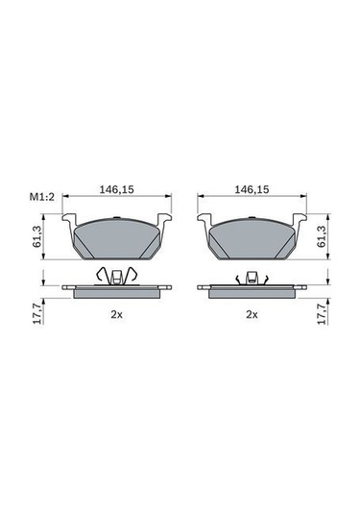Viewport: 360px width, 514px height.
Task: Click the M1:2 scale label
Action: click(41, 197)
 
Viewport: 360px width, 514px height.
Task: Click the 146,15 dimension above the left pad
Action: click(116, 189)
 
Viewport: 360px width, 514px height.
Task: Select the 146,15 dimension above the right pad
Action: click(252, 189)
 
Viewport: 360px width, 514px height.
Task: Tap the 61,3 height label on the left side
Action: click(38, 236)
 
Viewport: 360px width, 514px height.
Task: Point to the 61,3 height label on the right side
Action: click(322, 236)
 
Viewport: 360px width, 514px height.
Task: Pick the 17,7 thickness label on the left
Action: click(38, 314)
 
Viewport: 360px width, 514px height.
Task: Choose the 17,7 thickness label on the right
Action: click(322, 314)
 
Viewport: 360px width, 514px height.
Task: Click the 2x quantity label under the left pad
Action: click(116, 315)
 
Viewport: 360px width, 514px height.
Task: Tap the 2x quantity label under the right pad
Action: click(252, 315)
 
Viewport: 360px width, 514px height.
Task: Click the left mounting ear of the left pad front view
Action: click(69, 219)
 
